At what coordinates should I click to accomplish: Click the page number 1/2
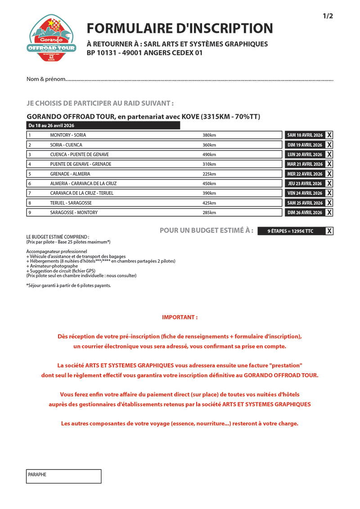(x=328, y=16)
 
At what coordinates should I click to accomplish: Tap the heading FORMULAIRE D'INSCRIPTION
(x=180, y=28)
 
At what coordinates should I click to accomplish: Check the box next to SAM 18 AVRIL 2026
(x=329, y=135)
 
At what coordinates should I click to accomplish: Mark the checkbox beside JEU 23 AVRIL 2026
(x=329, y=183)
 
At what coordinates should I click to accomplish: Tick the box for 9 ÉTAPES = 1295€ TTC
(x=329, y=231)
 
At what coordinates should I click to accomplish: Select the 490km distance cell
(x=209, y=154)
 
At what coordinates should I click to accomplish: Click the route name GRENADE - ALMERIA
(x=70, y=174)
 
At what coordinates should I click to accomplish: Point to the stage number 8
(x=30, y=203)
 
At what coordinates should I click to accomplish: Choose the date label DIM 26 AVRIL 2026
(x=305, y=213)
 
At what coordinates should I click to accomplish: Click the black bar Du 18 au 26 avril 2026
(x=103, y=125)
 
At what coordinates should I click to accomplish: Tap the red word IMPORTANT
(x=180, y=317)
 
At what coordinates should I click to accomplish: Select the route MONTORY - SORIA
(x=68, y=135)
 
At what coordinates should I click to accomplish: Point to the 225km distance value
(x=209, y=174)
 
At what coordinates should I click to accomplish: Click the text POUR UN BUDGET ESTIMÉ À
(x=207, y=231)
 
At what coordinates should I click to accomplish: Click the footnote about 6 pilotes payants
(x=68, y=286)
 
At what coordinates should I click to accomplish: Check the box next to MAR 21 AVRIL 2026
(x=329, y=164)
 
